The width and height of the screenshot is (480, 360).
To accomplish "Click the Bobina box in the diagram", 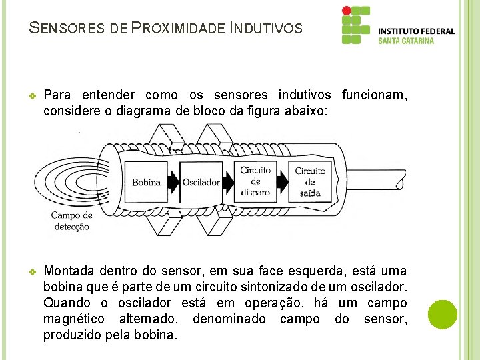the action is pos(146,181).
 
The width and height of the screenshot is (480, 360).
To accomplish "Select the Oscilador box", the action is pos(201,181).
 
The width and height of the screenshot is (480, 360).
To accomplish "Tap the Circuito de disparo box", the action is pos(255,181).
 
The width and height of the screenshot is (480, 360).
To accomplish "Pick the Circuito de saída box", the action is pos(310,181).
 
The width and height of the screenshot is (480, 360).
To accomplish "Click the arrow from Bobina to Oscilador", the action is pos(173,181).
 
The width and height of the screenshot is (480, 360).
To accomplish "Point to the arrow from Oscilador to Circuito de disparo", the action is pos(229,181).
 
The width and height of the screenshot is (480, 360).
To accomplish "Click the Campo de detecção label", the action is pos(71,221).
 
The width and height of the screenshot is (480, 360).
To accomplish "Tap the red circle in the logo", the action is pos(346,11).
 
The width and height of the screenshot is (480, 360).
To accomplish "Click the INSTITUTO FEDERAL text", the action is pos(417,31).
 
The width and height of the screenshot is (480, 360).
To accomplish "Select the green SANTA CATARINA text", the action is pos(406,41).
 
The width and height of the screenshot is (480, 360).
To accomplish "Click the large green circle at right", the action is pos(443,314).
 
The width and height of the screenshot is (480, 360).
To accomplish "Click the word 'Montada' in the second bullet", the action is pos(69,271).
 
